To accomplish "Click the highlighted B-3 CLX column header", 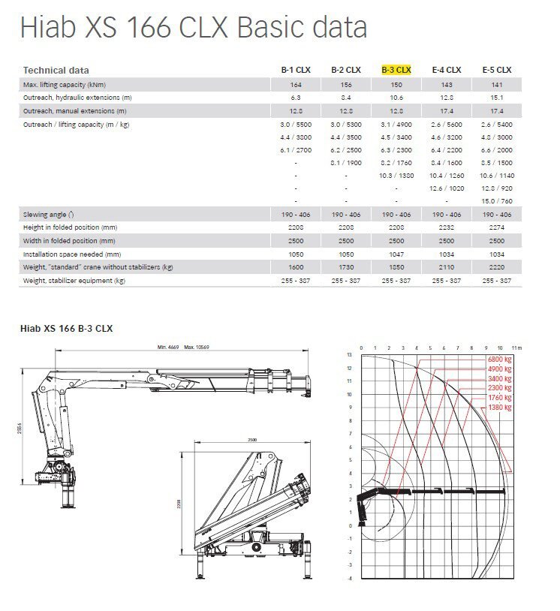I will (x=396, y=70).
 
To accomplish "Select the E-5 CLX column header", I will (x=497, y=70).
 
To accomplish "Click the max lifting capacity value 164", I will (x=297, y=84).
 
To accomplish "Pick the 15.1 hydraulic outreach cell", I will (x=497, y=98).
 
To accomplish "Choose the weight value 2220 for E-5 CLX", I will (x=497, y=267).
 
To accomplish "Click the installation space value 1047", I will (x=396, y=254).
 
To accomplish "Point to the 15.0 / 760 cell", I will (x=497, y=200).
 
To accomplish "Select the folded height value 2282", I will (x=447, y=227).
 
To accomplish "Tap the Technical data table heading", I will (x=56, y=70).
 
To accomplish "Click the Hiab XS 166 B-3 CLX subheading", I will (x=68, y=328).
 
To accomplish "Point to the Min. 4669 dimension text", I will (x=169, y=348).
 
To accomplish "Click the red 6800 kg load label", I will (x=498, y=360).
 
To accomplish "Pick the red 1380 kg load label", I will (x=498, y=407).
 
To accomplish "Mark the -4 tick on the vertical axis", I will (x=349, y=578).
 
